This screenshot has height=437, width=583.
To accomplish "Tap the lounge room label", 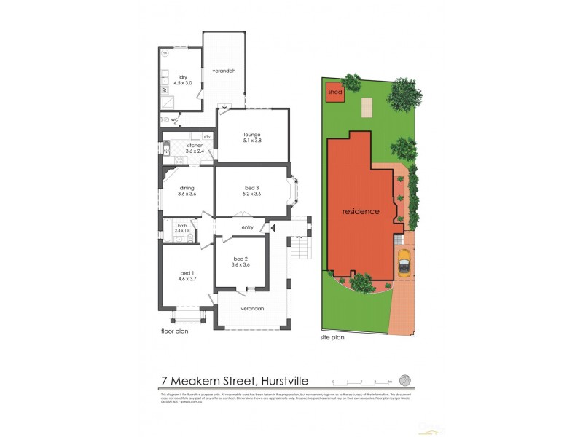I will [x=251, y=135].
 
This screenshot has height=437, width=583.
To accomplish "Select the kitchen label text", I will [x=195, y=146].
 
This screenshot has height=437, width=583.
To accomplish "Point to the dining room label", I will [x=187, y=189].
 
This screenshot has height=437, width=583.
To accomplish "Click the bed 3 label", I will [x=252, y=189].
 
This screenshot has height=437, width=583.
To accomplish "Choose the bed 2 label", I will [x=241, y=260].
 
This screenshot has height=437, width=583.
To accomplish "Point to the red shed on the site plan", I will [x=334, y=93].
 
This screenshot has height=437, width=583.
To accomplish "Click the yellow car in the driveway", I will [x=403, y=262].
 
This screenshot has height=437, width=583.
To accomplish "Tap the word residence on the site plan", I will [x=361, y=212].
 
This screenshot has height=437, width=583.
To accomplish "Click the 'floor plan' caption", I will [x=175, y=331].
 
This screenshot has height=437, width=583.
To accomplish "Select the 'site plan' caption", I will [x=332, y=339].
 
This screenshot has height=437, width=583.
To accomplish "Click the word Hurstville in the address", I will [x=281, y=380].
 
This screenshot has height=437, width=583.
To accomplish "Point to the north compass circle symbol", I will [x=406, y=380].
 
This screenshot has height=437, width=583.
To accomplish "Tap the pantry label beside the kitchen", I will [x=207, y=136].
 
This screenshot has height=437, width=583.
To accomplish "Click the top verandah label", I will [x=223, y=71].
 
